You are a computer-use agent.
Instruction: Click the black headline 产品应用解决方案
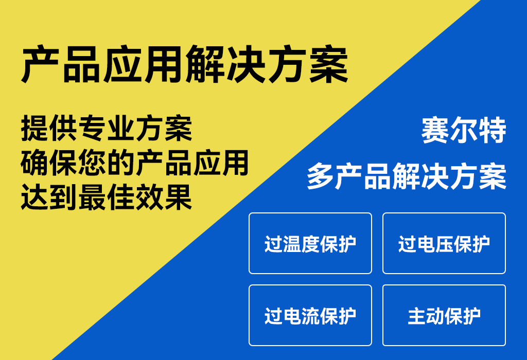coord(185,64)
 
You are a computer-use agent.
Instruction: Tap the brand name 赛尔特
coord(464,130)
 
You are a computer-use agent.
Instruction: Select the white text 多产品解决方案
coord(407,176)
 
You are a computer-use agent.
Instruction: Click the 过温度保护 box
coord(310,243)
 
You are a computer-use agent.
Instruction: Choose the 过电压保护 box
coord(444,243)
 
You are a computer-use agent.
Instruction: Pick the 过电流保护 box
coord(310,315)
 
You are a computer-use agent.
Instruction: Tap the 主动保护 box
coord(444,315)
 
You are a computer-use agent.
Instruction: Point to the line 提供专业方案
coord(107,128)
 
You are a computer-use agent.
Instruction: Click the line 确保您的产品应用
coord(134,163)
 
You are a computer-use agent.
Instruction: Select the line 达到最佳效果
coord(107,197)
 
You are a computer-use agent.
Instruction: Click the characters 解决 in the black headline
coord(225,64)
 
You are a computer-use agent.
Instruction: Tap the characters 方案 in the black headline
coord(308,64)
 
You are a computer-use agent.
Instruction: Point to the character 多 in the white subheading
coord(320,176)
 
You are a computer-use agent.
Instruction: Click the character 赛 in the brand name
coord(435,130)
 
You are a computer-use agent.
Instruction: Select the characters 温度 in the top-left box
coord(301,244)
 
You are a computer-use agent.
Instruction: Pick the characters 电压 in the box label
coord(434,244)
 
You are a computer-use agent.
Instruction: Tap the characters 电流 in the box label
coord(301,316)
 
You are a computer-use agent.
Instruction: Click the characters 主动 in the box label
coord(426,316)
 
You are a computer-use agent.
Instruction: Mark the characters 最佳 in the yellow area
coord(107,197)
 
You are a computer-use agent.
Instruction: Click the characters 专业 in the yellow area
coord(107,128)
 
